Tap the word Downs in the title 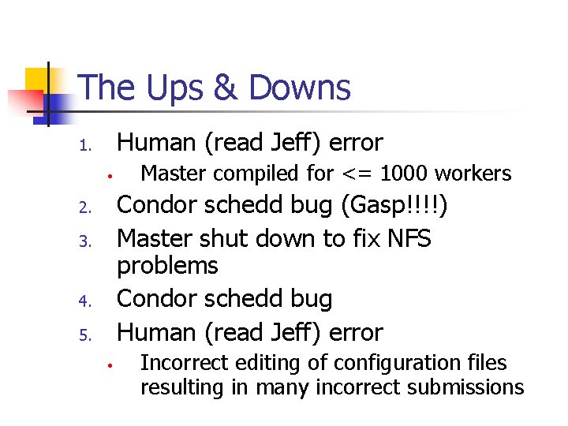pyautogui.click(x=300, y=88)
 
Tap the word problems pyautogui.click(x=167, y=267)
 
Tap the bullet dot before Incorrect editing pyautogui.click(x=114, y=366)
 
